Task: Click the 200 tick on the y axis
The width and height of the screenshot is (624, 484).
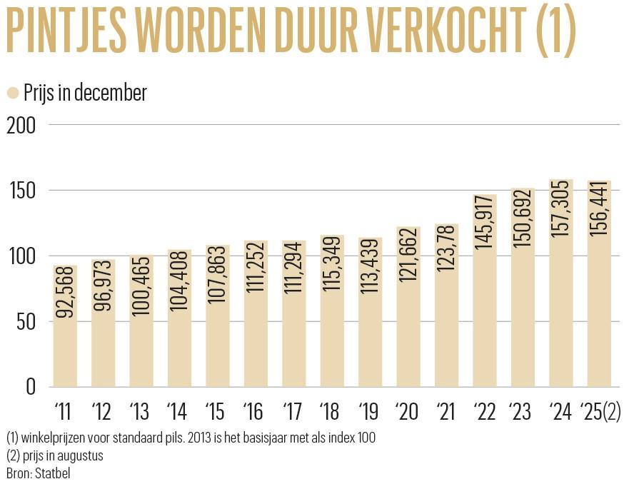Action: (21, 124)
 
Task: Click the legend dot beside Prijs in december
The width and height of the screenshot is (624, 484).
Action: (12, 93)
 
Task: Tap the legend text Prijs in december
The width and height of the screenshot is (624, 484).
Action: (85, 93)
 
